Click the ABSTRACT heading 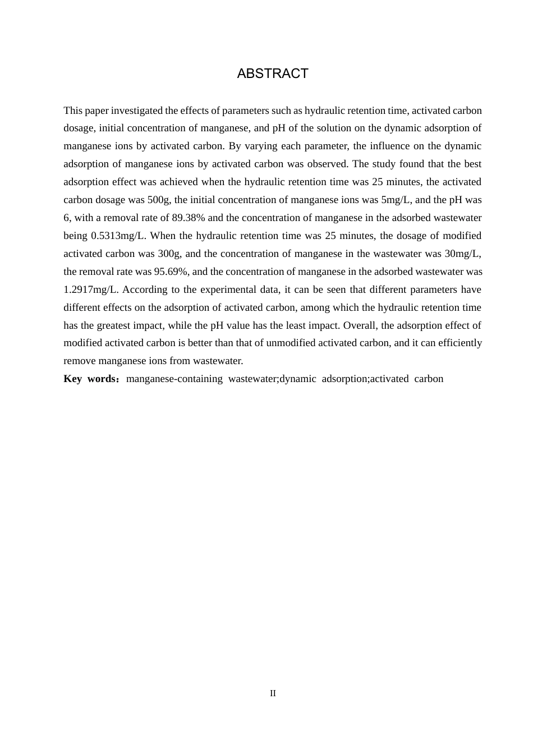coord(273,73)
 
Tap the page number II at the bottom coord(273,693)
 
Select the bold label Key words coord(90,379)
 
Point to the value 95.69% coord(171,272)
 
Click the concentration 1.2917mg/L coord(90,289)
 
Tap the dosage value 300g coord(167,254)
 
